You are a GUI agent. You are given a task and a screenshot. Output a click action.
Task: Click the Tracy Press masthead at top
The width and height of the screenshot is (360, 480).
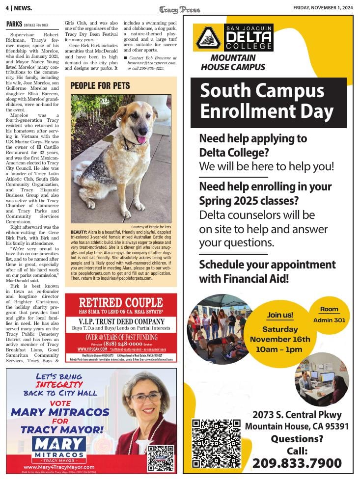tap(179, 9)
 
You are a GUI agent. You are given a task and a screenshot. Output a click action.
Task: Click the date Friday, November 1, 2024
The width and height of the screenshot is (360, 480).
tap(323, 8)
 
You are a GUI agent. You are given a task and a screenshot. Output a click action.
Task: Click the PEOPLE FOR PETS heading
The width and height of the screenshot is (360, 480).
tap(100, 86)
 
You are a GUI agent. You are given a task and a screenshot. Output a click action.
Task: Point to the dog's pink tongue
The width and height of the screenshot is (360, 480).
tap(142, 140)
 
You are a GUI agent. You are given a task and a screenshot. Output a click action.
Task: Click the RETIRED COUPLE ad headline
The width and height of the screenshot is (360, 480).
tap(121, 302)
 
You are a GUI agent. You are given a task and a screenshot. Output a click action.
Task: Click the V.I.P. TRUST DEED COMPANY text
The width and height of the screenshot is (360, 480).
tap(121, 321)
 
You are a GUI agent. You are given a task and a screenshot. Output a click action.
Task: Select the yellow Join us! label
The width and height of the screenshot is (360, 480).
tap(280, 315)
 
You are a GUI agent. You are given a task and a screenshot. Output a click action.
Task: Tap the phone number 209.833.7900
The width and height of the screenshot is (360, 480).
tap(297, 463)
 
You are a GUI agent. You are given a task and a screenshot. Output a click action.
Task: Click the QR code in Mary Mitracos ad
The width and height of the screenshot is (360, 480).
tap(161, 457)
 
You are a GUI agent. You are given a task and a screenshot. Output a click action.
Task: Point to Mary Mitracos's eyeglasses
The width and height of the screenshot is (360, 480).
tap(146, 397)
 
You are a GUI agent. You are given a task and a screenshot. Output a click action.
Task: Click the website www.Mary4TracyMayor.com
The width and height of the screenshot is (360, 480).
tap(59, 467)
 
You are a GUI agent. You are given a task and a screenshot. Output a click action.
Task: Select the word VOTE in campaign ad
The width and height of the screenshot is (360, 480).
tap(60, 403)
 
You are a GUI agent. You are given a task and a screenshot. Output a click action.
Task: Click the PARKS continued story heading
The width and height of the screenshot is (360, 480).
tap(14, 24)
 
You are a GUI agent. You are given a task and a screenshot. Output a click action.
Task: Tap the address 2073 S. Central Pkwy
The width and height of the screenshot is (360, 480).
tap(297, 415)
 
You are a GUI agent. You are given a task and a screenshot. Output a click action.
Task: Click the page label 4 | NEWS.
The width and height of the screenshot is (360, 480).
tap(19, 8)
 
